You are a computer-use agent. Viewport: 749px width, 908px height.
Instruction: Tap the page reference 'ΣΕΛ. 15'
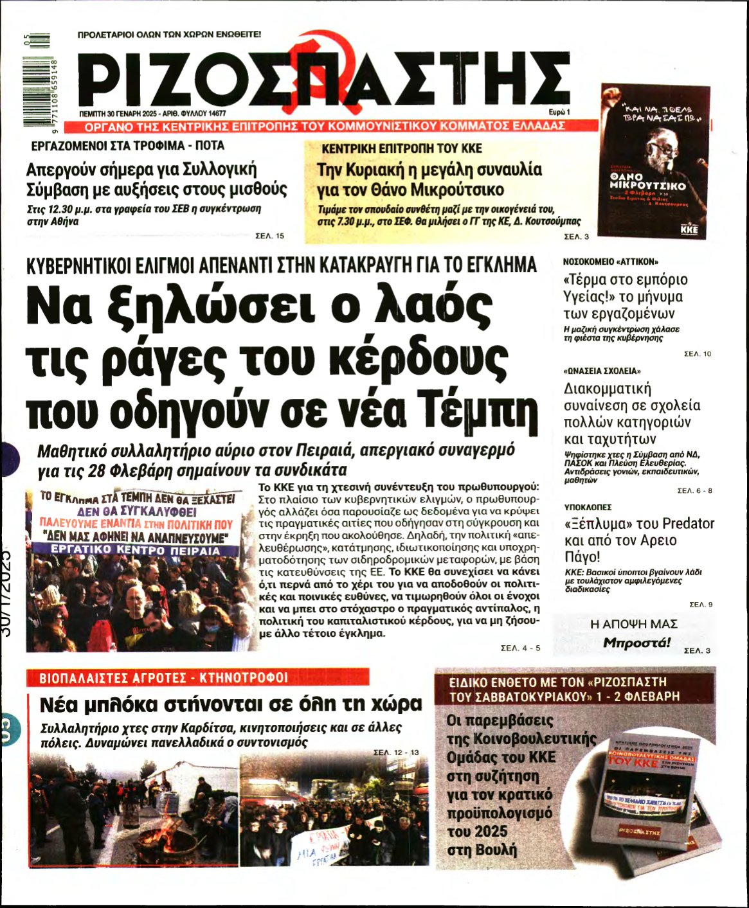point(270,236)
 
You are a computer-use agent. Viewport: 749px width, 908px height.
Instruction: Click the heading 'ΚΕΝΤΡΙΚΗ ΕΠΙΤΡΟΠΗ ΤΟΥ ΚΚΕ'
point(401,148)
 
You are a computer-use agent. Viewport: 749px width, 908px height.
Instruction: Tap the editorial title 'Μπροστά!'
point(636,643)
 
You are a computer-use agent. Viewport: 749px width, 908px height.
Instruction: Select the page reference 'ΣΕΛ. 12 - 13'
point(396,752)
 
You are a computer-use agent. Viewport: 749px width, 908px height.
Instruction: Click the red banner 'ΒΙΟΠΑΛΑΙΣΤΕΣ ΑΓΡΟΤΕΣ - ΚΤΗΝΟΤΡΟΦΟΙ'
point(198,677)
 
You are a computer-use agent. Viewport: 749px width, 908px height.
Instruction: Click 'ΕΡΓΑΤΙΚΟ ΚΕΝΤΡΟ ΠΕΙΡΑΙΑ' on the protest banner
point(135,551)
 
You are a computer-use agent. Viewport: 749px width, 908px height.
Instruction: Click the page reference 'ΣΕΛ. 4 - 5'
point(520,648)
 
